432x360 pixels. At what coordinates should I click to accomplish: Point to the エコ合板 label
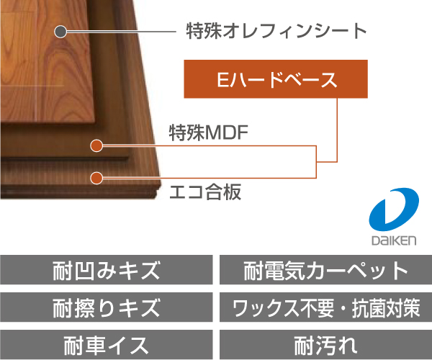pyautogui.click(x=204, y=192)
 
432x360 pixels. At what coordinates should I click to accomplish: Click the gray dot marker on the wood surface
pyautogui.click(x=60, y=32)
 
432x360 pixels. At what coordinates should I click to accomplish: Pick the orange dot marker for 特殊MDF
pyautogui.click(x=95, y=146)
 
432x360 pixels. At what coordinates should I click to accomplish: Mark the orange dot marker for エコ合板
pyautogui.click(x=95, y=177)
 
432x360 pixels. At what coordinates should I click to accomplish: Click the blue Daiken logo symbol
pyautogui.click(x=393, y=210)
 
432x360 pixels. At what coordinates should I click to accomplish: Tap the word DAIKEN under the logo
pyautogui.click(x=393, y=239)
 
